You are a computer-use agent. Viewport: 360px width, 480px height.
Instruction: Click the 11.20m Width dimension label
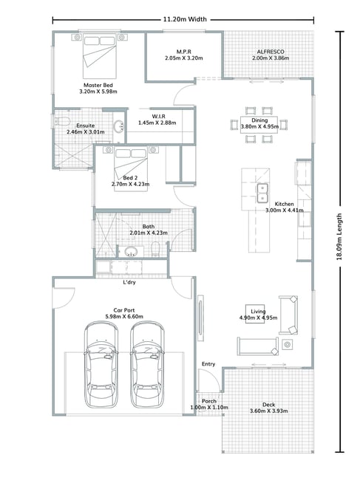click(185, 19)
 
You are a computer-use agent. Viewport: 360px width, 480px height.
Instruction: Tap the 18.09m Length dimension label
click(339, 236)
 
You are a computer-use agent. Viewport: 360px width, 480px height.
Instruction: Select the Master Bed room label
click(98, 85)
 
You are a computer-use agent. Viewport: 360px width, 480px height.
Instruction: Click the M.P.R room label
click(184, 52)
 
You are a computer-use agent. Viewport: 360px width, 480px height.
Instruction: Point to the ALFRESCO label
click(271, 52)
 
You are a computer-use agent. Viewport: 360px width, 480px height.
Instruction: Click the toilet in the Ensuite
click(61, 122)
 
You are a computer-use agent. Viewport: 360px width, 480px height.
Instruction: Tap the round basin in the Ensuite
click(119, 126)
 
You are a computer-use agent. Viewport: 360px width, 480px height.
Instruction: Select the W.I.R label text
click(159, 117)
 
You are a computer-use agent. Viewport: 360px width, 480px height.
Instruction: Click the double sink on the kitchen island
click(262, 193)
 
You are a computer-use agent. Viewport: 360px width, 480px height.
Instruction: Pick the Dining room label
click(259, 120)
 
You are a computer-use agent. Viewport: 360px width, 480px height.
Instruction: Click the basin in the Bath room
click(131, 251)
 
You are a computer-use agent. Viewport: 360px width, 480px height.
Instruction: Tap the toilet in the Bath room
click(155, 249)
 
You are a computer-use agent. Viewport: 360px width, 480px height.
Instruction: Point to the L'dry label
click(129, 282)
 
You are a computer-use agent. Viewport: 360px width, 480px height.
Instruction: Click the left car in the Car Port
click(101, 365)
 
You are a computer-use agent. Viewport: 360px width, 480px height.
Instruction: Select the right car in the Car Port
click(147, 365)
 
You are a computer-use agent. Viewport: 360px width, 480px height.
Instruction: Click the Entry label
click(208, 364)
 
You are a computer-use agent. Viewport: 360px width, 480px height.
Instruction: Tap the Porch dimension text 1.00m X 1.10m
click(209, 408)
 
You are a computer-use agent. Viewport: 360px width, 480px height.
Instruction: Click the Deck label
click(268, 405)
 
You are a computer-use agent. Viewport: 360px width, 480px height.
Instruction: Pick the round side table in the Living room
click(287, 345)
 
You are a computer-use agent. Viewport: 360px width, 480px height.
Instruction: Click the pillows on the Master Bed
click(99, 41)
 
